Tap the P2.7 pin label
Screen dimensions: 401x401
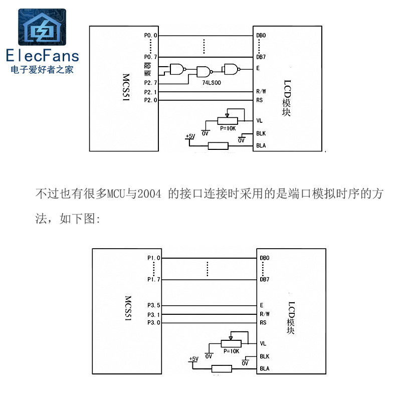tap(150, 83)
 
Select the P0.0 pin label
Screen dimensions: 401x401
tap(150, 36)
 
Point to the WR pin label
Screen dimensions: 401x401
tap(147, 74)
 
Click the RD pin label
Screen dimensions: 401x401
tap(147, 66)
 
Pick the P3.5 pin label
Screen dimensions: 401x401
tap(154, 305)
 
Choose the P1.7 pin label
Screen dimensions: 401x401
tap(154, 279)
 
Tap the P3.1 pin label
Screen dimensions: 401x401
tap(154, 314)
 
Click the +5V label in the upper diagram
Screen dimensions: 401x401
tap(190, 136)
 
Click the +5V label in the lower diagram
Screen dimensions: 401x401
tap(193, 359)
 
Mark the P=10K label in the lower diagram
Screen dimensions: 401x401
tap(231, 351)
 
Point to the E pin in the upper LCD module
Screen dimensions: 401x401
tap(258, 68)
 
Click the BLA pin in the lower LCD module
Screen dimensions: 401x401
tap(265, 369)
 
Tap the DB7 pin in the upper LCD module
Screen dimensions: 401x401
tap(261, 57)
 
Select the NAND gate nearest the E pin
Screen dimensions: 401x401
tap(232, 68)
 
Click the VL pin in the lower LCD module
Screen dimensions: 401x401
tap(263, 344)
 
